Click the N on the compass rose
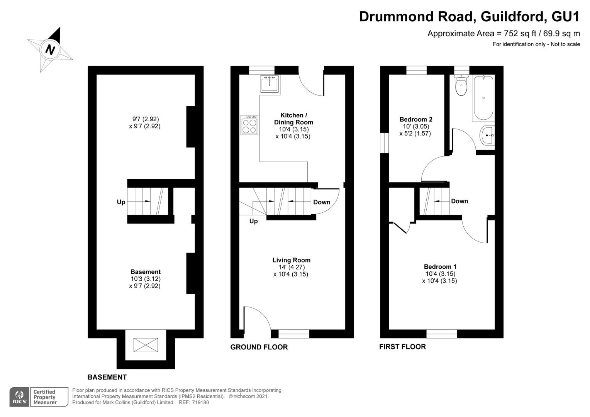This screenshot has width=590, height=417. click(50, 49)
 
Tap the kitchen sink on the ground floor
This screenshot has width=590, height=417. click(270, 84)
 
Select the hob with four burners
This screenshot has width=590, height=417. click(249, 125)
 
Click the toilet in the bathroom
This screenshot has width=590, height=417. click(461, 86)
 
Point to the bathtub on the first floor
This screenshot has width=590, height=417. click(483, 98)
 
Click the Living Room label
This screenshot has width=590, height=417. click(291, 260)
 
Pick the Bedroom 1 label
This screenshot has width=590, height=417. click(440, 266)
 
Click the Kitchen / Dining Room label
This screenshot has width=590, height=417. click(293, 119)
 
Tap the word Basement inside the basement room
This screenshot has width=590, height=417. click(145, 272)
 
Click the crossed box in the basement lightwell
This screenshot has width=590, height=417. click(146, 345)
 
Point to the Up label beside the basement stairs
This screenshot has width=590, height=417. click(121, 202)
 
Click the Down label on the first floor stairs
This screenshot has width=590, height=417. click(459, 201)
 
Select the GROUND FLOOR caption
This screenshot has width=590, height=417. click(259, 347)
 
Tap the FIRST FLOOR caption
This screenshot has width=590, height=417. click(402, 347)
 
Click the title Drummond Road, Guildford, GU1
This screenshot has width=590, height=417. click(469, 17)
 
